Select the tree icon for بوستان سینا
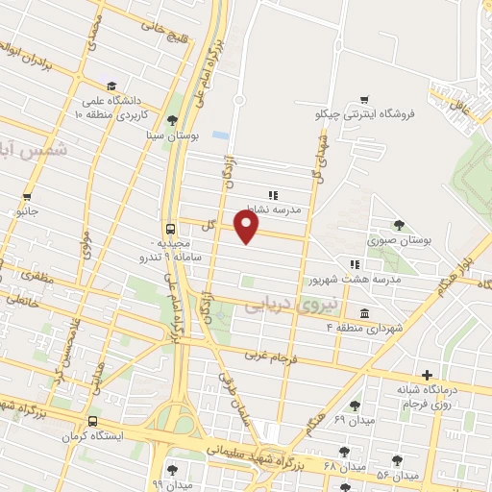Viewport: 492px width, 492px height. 171,120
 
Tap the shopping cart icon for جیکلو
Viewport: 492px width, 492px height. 363,98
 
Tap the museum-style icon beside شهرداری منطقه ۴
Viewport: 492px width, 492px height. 362,313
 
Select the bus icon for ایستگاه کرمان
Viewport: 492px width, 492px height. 92,421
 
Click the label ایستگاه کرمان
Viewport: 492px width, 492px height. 92,438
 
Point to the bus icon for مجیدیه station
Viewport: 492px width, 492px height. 170,229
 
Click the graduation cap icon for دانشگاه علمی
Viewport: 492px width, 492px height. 112,85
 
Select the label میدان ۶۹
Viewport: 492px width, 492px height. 354,421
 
